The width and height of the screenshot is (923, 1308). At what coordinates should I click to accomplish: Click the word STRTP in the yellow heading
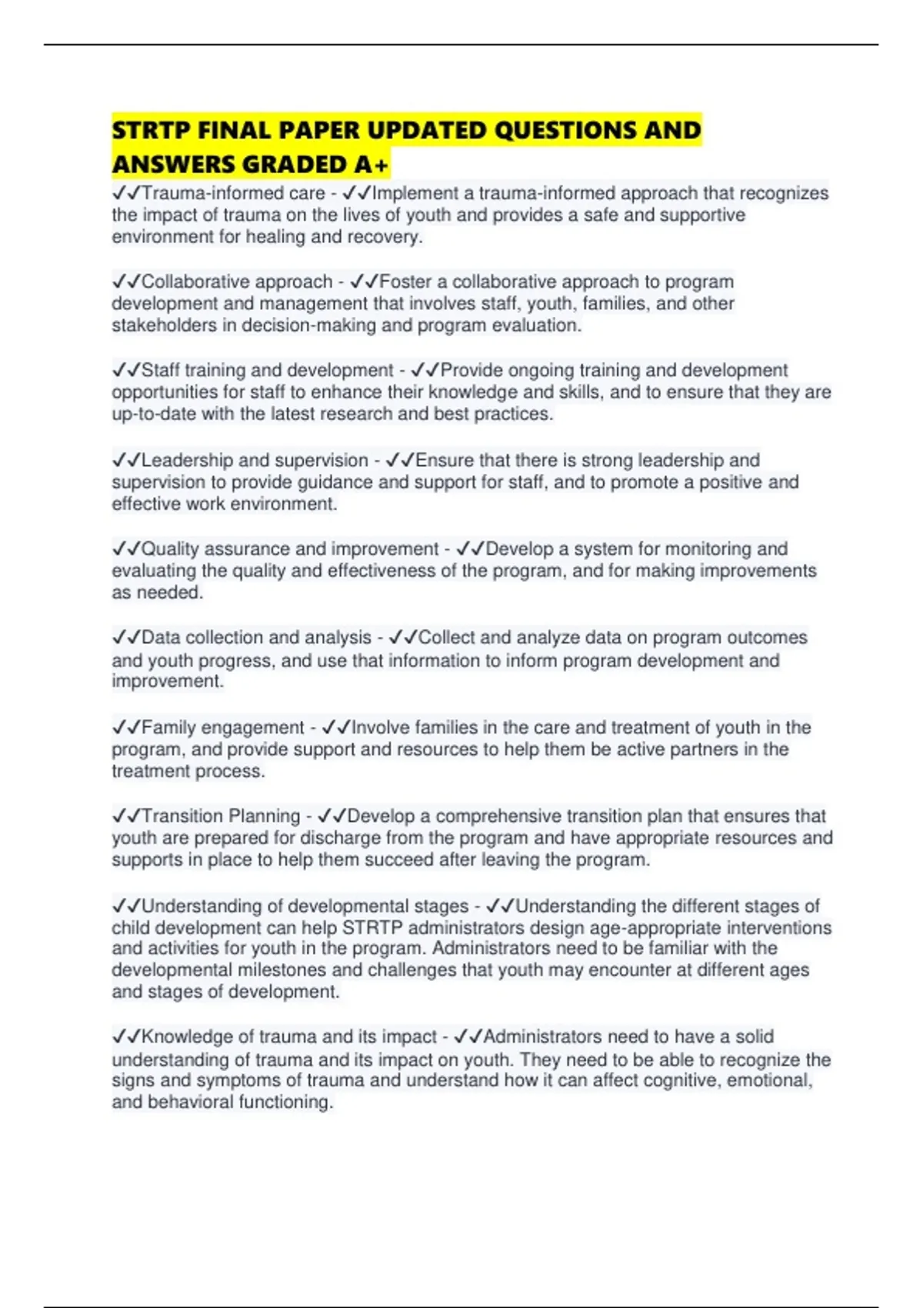pyautogui.click(x=151, y=130)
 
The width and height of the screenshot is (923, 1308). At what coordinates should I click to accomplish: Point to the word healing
pyautogui.click(x=275, y=237)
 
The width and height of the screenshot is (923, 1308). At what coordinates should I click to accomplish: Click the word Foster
pyautogui.click(x=405, y=282)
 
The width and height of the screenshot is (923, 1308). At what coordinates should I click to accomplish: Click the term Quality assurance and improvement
pyautogui.click(x=289, y=549)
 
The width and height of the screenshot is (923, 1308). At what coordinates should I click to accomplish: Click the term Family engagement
pyautogui.click(x=222, y=728)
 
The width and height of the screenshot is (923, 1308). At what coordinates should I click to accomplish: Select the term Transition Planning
pyautogui.click(x=221, y=816)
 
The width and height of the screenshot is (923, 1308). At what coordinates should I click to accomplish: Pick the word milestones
pyautogui.click(x=282, y=970)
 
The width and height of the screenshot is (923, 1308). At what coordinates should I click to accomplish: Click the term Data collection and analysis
pyautogui.click(x=256, y=638)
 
